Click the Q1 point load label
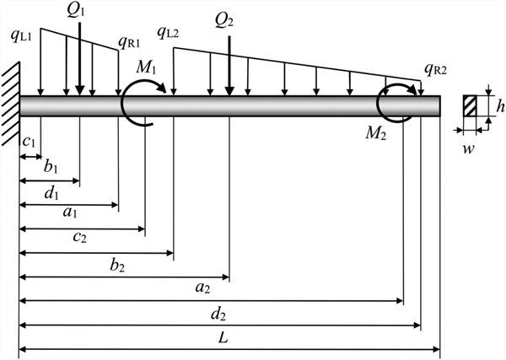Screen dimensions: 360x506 78,10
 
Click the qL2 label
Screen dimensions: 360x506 172,35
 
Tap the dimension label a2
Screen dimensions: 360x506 202,288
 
